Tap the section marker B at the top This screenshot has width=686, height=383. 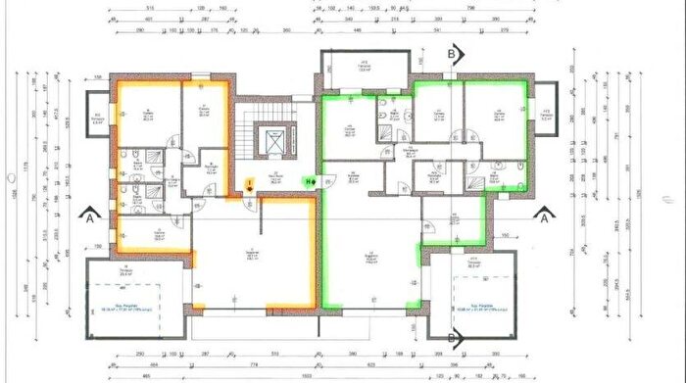[454, 54]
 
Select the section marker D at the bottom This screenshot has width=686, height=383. [454, 338]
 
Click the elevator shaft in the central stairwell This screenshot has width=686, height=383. [273, 141]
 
